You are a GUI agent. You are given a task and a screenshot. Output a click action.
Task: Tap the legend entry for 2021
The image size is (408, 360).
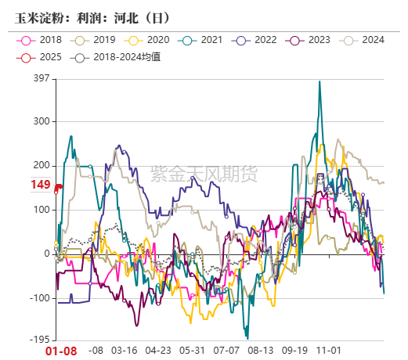pyautogui.click(x=203, y=40)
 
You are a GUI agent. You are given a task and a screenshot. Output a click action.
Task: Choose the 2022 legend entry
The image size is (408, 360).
pyautogui.click(x=257, y=40)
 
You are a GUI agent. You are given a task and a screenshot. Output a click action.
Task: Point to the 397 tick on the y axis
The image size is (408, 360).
pyautogui.click(x=41, y=78)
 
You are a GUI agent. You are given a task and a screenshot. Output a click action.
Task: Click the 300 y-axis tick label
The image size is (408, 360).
pyautogui.click(x=41, y=121)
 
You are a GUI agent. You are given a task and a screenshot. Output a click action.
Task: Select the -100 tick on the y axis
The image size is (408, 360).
pyautogui.click(x=39, y=298)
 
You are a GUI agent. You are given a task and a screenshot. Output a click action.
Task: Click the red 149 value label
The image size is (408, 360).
pyautogui.click(x=41, y=185)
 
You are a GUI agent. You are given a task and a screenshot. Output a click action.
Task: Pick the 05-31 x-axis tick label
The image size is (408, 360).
pyautogui.click(x=192, y=352)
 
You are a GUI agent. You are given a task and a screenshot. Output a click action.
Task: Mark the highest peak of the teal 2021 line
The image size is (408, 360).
pyautogui.click(x=320, y=81)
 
